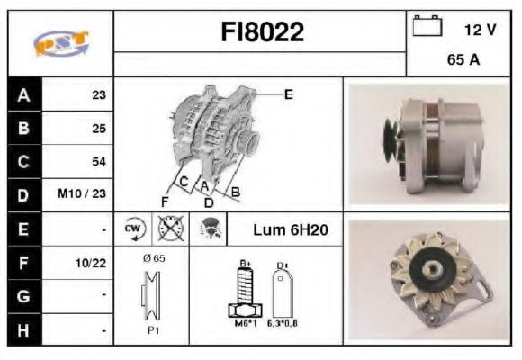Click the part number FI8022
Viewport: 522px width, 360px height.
[x=262, y=33]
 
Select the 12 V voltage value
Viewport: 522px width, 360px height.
[x=481, y=30]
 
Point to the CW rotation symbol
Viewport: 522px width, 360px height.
[x=133, y=229]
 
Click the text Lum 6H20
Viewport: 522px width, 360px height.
[x=290, y=230]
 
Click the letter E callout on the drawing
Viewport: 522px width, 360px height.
[x=288, y=94]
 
